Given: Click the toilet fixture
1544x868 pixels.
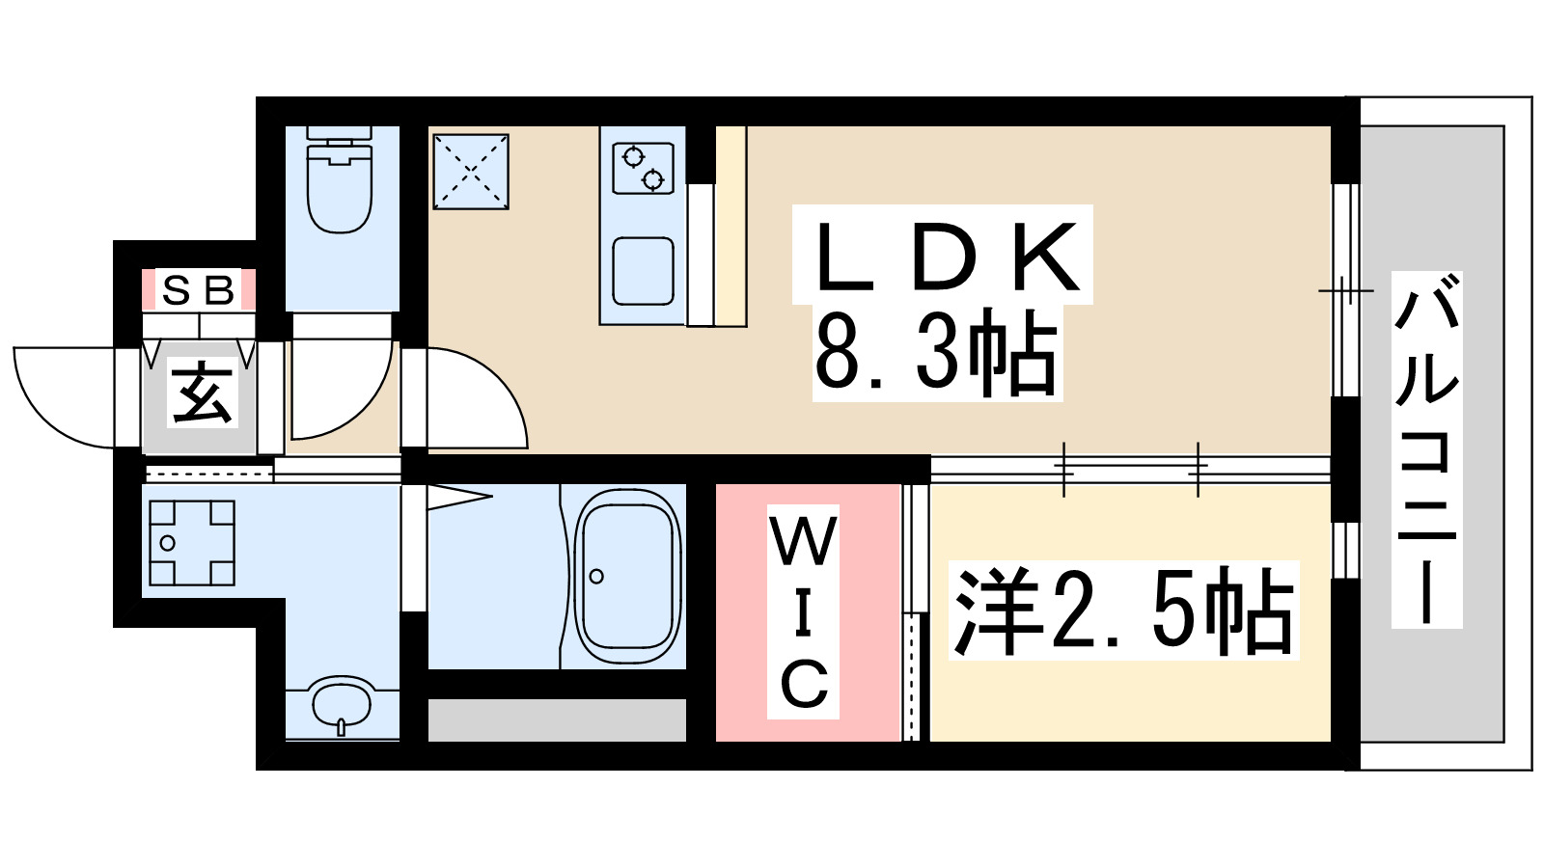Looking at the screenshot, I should (340, 188).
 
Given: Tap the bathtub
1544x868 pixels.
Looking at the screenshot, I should (627, 576).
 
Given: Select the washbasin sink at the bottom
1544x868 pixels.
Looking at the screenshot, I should (342, 704).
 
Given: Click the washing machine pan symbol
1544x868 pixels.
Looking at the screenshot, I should (191, 543).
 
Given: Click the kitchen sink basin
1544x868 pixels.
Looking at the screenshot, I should (643, 271).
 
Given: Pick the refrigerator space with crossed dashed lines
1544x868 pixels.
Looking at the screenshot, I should (470, 172).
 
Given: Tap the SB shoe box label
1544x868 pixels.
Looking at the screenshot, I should (199, 289).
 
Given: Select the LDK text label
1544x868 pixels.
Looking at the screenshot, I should (944, 256).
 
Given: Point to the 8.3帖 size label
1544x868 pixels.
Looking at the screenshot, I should (936, 353).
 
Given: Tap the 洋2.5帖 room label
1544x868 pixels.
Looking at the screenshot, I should (1123, 610).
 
